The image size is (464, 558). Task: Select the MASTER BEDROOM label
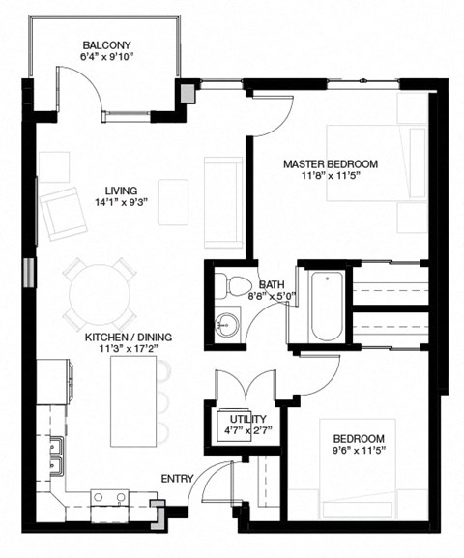click(330, 163)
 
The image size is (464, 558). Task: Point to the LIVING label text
click(122, 191)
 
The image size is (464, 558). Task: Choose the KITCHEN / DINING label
click(128, 337)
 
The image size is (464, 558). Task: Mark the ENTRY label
click(175, 477)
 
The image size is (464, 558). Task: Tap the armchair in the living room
click(63, 210)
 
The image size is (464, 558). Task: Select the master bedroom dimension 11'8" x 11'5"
click(330, 177)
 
